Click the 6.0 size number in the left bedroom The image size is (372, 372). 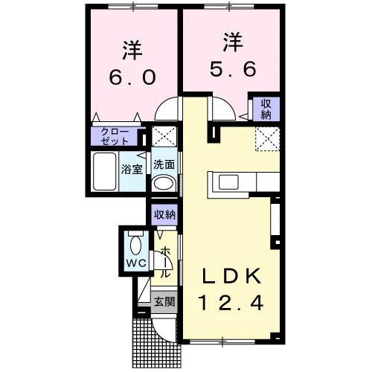(x=132, y=77)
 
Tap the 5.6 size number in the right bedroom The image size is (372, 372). (x=233, y=68)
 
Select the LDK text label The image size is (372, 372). (x=231, y=276)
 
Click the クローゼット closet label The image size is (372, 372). (x=115, y=136)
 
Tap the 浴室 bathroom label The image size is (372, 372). (x=132, y=169)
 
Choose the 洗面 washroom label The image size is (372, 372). (x=164, y=164)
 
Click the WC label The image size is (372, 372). (x=136, y=263)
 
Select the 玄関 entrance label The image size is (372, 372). (x=164, y=301)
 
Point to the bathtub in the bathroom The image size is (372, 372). (x=105, y=171)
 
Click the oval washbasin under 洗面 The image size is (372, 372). (x=163, y=184)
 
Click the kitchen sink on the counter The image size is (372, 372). (x=228, y=183)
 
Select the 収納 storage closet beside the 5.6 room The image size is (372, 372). (x=266, y=109)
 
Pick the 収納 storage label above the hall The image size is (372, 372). (x=164, y=215)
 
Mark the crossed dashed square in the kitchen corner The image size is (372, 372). (x=268, y=138)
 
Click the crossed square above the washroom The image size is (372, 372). (x=164, y=137)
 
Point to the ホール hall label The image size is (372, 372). (x=164, y=263)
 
